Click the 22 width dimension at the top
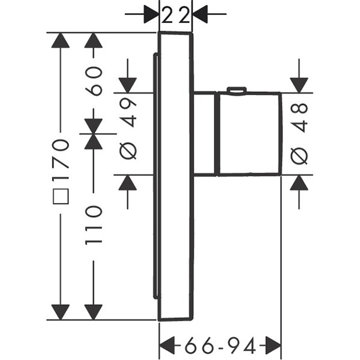[176, 14]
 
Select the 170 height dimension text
[61, 154]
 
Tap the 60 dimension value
[94, 81]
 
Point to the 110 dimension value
[94, 225]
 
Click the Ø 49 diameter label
[128, 128]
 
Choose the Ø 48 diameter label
[299, 134]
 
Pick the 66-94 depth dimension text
[220, 345]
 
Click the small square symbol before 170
[61, 196]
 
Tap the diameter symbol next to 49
[128, 151]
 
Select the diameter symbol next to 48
[299, 156]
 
